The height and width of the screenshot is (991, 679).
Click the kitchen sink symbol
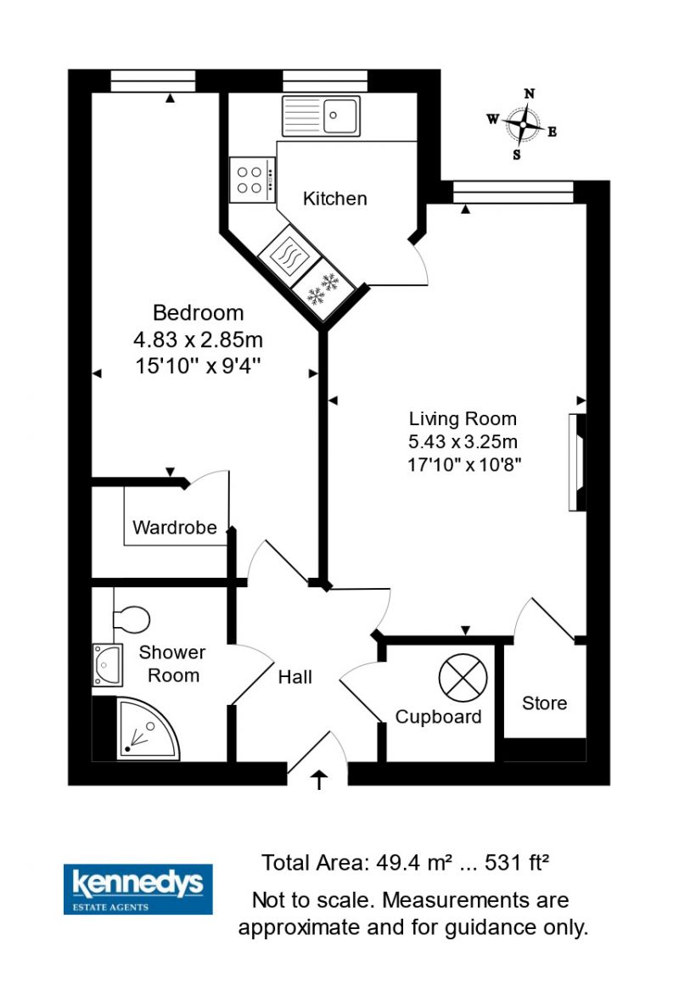click(321, 115)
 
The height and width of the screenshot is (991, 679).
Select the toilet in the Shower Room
click(132, 619)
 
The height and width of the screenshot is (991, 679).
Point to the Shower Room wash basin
click(108, 665)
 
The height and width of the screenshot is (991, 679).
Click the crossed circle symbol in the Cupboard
click(463, 678)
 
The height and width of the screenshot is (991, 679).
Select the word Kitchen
click(334, 199)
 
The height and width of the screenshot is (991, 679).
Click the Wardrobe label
click(175, 527)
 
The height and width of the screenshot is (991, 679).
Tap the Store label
click(544, 703)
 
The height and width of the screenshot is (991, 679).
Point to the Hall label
click(295, 677)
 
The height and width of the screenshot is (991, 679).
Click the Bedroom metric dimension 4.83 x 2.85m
click(198, 339)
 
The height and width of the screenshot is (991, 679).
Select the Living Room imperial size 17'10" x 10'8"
click(464, 465)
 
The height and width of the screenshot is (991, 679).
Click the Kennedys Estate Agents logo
click(137, 888)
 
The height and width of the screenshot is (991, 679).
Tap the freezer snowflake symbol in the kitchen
click(323, 288)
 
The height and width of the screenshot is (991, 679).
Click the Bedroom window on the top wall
click(153, 81)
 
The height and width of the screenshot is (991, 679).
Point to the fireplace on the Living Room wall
click(577, 462)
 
